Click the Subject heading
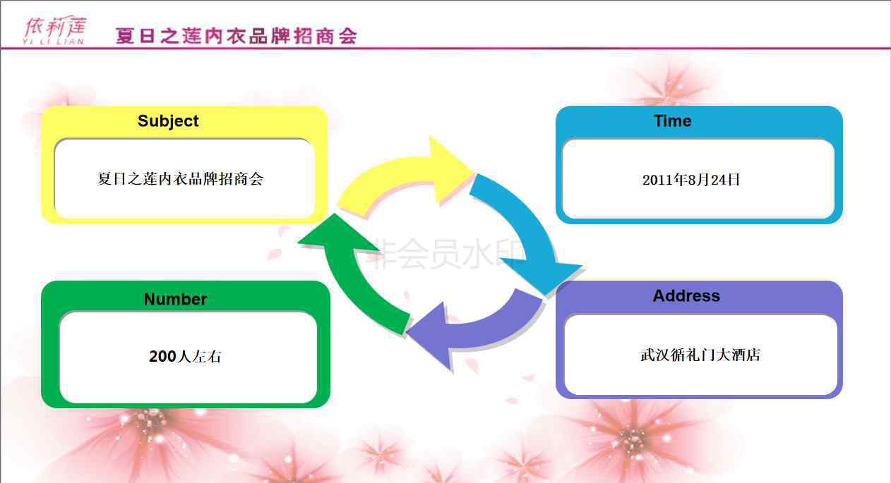pyautogui.click(x=168, y=121)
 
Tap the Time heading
pyautogui.click(x=673, y=121)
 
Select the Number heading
pyautogui.click(x=175, y=299)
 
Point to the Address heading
pyautogui.click(x=686, y=296)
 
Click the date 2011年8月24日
pyautogui.click(x=691, y=180)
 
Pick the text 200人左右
pyautogui.click(x=186, y=356)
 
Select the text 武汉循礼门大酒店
pyautogui.click(x=700, y=355)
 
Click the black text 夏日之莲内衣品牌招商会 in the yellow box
pyautogui.click(x=180, y=178)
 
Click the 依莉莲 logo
pyautogui.click(x=54, y=30)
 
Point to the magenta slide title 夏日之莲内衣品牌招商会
pyautogui.click(x=237, y=36)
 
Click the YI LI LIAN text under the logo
pyautogui.click(x=53, y=42)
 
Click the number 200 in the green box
pyautogui.click(x=162, y=356)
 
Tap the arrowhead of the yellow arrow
pyautogui.click(x=451, y=169)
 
